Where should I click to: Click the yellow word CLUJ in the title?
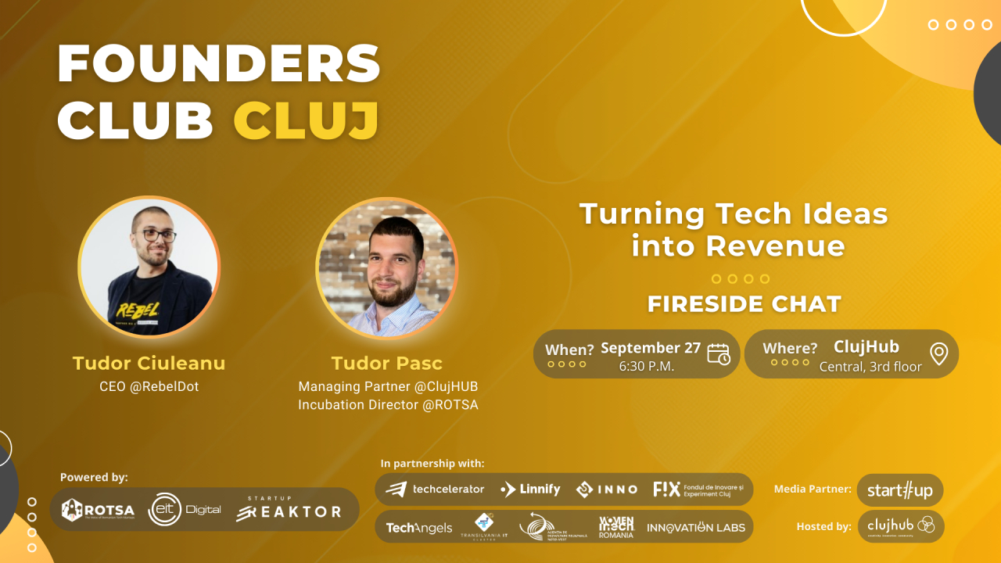pos(307,120)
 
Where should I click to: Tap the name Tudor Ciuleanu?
pos(149,363)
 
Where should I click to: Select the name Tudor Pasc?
pos(386,363)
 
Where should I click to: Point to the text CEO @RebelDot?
pos(149,386)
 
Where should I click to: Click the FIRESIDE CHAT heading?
pos(744,303)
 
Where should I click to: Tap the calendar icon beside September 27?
pos(718,354)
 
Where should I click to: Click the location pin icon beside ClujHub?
pos(938,354)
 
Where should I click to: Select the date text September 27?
pos(650,347)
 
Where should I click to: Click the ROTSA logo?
pos(98,510)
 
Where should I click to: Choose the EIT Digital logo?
pos(185,509)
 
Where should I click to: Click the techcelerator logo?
pos(436,489)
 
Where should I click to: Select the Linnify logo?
pos(530,489)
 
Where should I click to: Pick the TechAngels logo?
pos(418,528)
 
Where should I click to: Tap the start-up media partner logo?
pos(899,490)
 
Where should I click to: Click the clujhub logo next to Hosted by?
pos(900,526)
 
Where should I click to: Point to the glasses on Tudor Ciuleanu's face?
pos(155,235)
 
